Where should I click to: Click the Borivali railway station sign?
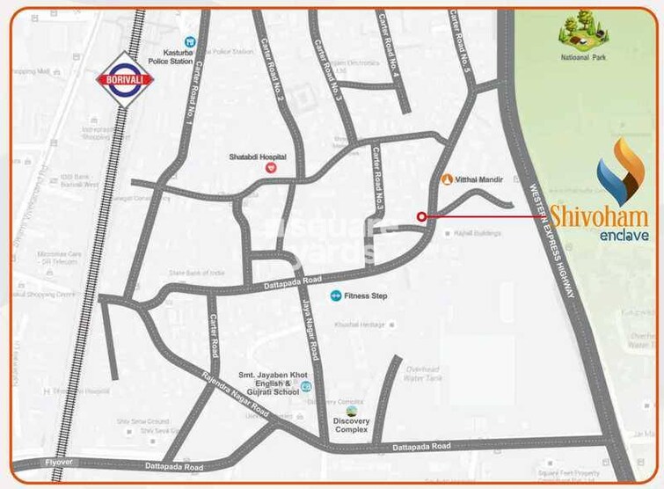(x=125, y=79)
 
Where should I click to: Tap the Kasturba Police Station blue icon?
(x=189, y=41)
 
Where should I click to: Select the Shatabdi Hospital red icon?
(x=271, y=166)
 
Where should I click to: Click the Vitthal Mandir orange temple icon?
(x=446, y=179)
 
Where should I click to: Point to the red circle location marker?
(x=421, y=215)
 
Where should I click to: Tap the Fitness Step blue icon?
(x=335, y=296)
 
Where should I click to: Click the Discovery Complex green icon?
(x=352, y=411)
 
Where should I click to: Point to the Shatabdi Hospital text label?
(x=258, y=156)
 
